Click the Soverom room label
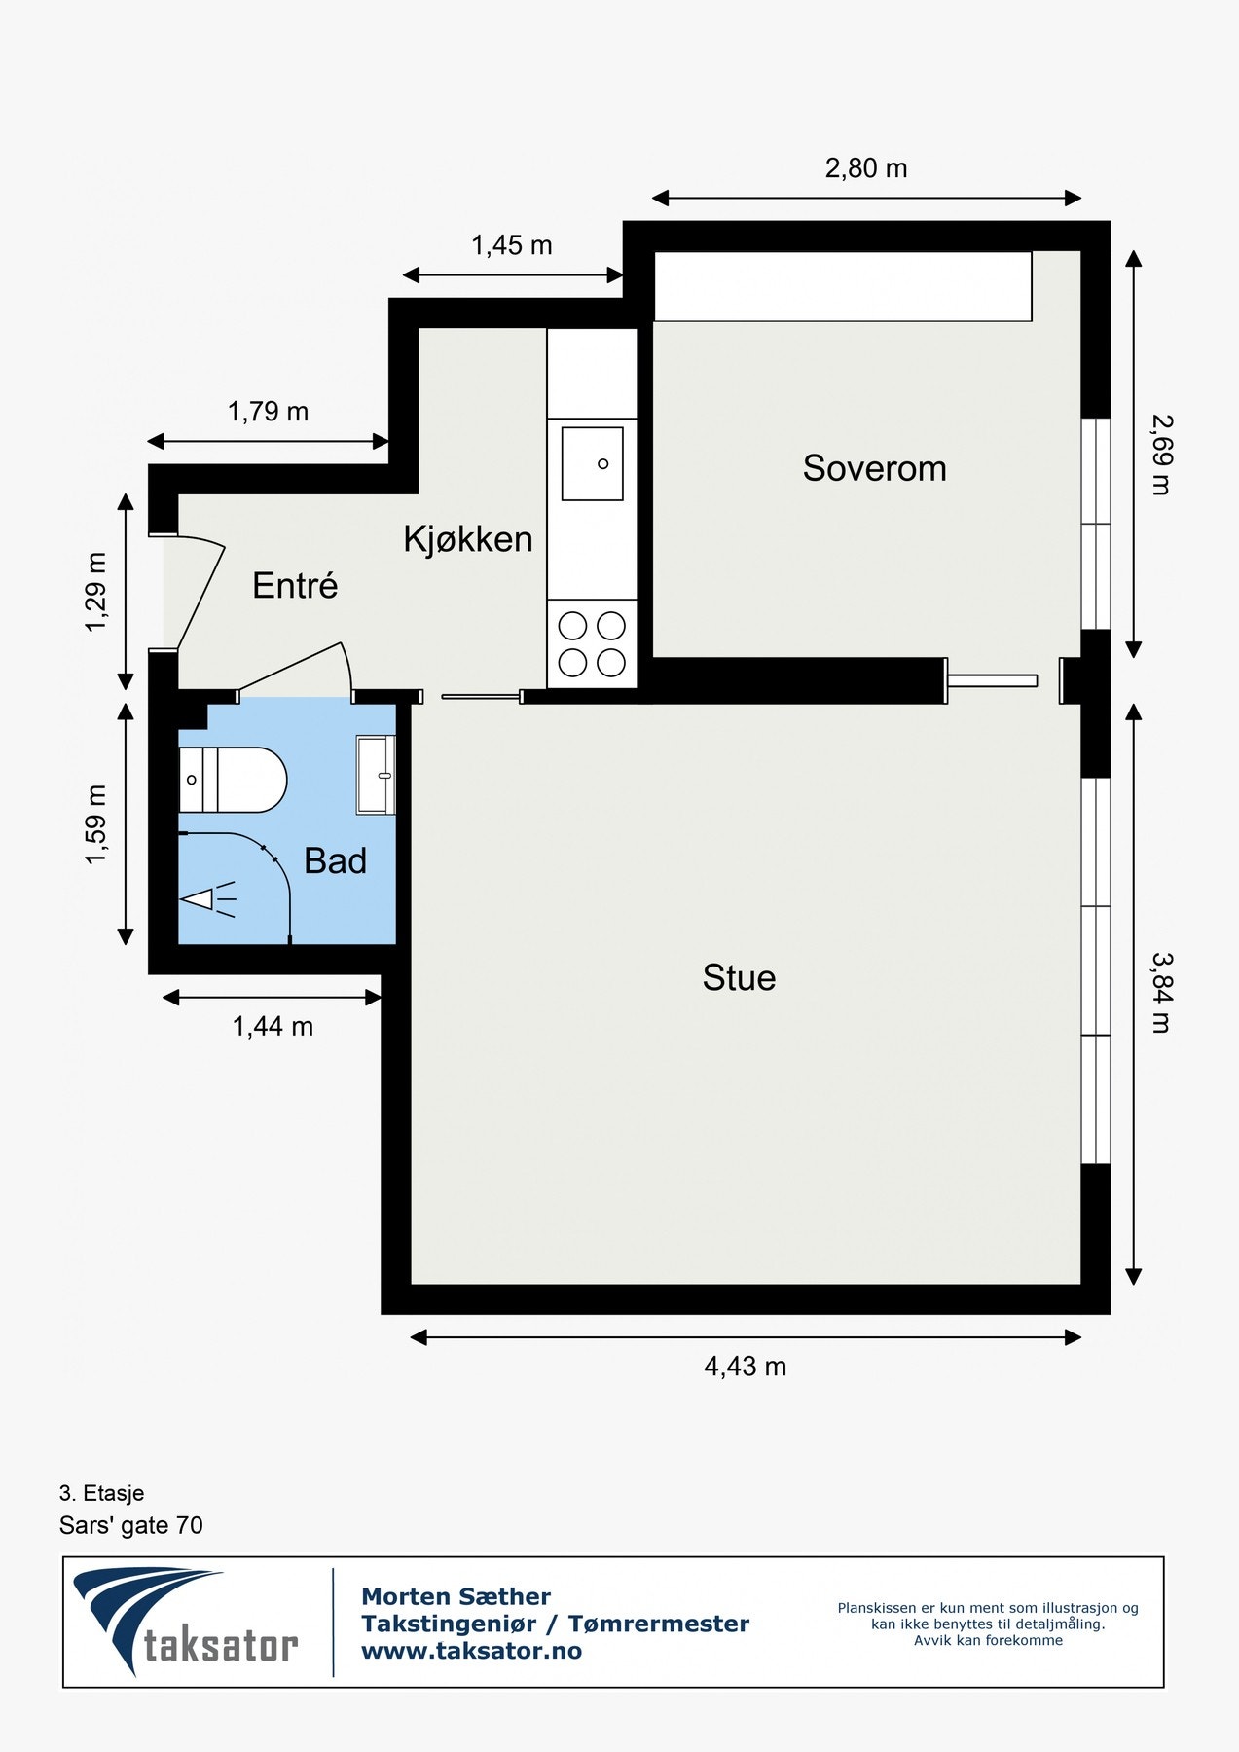(x=874, y=468)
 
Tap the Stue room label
(x=739, y=977)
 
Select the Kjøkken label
(x=468, y=538)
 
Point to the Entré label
(x=295, y=585)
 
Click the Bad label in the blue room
(x=335, y=860)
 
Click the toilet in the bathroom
(x=234, y=780)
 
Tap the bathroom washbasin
(x=376, y=775)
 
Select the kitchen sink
(x=592, y=463)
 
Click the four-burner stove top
(x=592, y=643)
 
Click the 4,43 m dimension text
(x=745, y=1367)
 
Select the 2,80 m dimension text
(x=866, y=168)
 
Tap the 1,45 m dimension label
(x=512, y=245)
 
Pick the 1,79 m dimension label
(x=269, y=412)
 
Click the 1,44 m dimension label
(x=273, y=1026)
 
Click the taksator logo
(x=185, y=1622)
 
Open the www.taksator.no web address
(x=471, y=1651)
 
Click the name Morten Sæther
(x=456, y=1596)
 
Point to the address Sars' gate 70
(x=131, y=1525)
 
